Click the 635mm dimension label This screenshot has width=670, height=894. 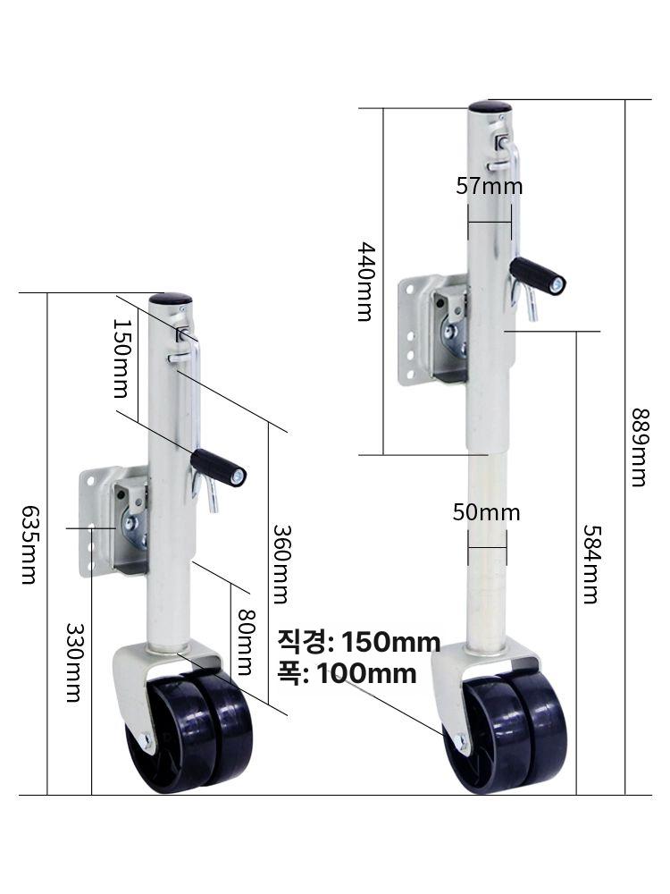[29, 544]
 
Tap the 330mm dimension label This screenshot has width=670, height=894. [75, 662]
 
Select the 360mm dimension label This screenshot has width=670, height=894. [281, 564]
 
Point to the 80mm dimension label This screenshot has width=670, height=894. [247, 642]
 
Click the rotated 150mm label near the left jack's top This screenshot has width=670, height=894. [121, 358]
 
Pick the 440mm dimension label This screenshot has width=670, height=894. [365, 283]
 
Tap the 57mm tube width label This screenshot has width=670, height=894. [489, 186]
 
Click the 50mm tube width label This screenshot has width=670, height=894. [487, 512]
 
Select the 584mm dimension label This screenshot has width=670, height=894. [591, 564]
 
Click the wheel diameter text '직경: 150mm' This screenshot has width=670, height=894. [359, 642]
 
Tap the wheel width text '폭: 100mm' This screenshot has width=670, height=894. [347, 673]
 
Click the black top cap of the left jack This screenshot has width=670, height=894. [171, 299]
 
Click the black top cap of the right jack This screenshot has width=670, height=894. [490, 106]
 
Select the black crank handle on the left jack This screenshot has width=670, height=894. [218, 468]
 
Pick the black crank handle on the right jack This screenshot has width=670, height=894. [537, 275]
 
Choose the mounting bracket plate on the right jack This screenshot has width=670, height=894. [433, 330]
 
